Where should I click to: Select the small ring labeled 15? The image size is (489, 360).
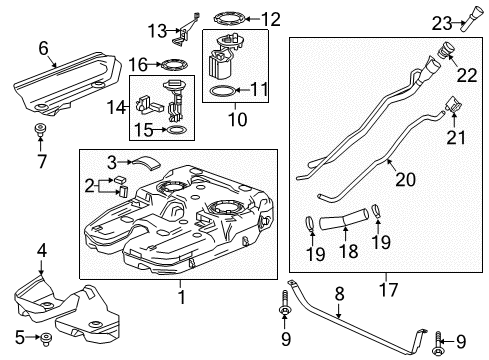point(173,130)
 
